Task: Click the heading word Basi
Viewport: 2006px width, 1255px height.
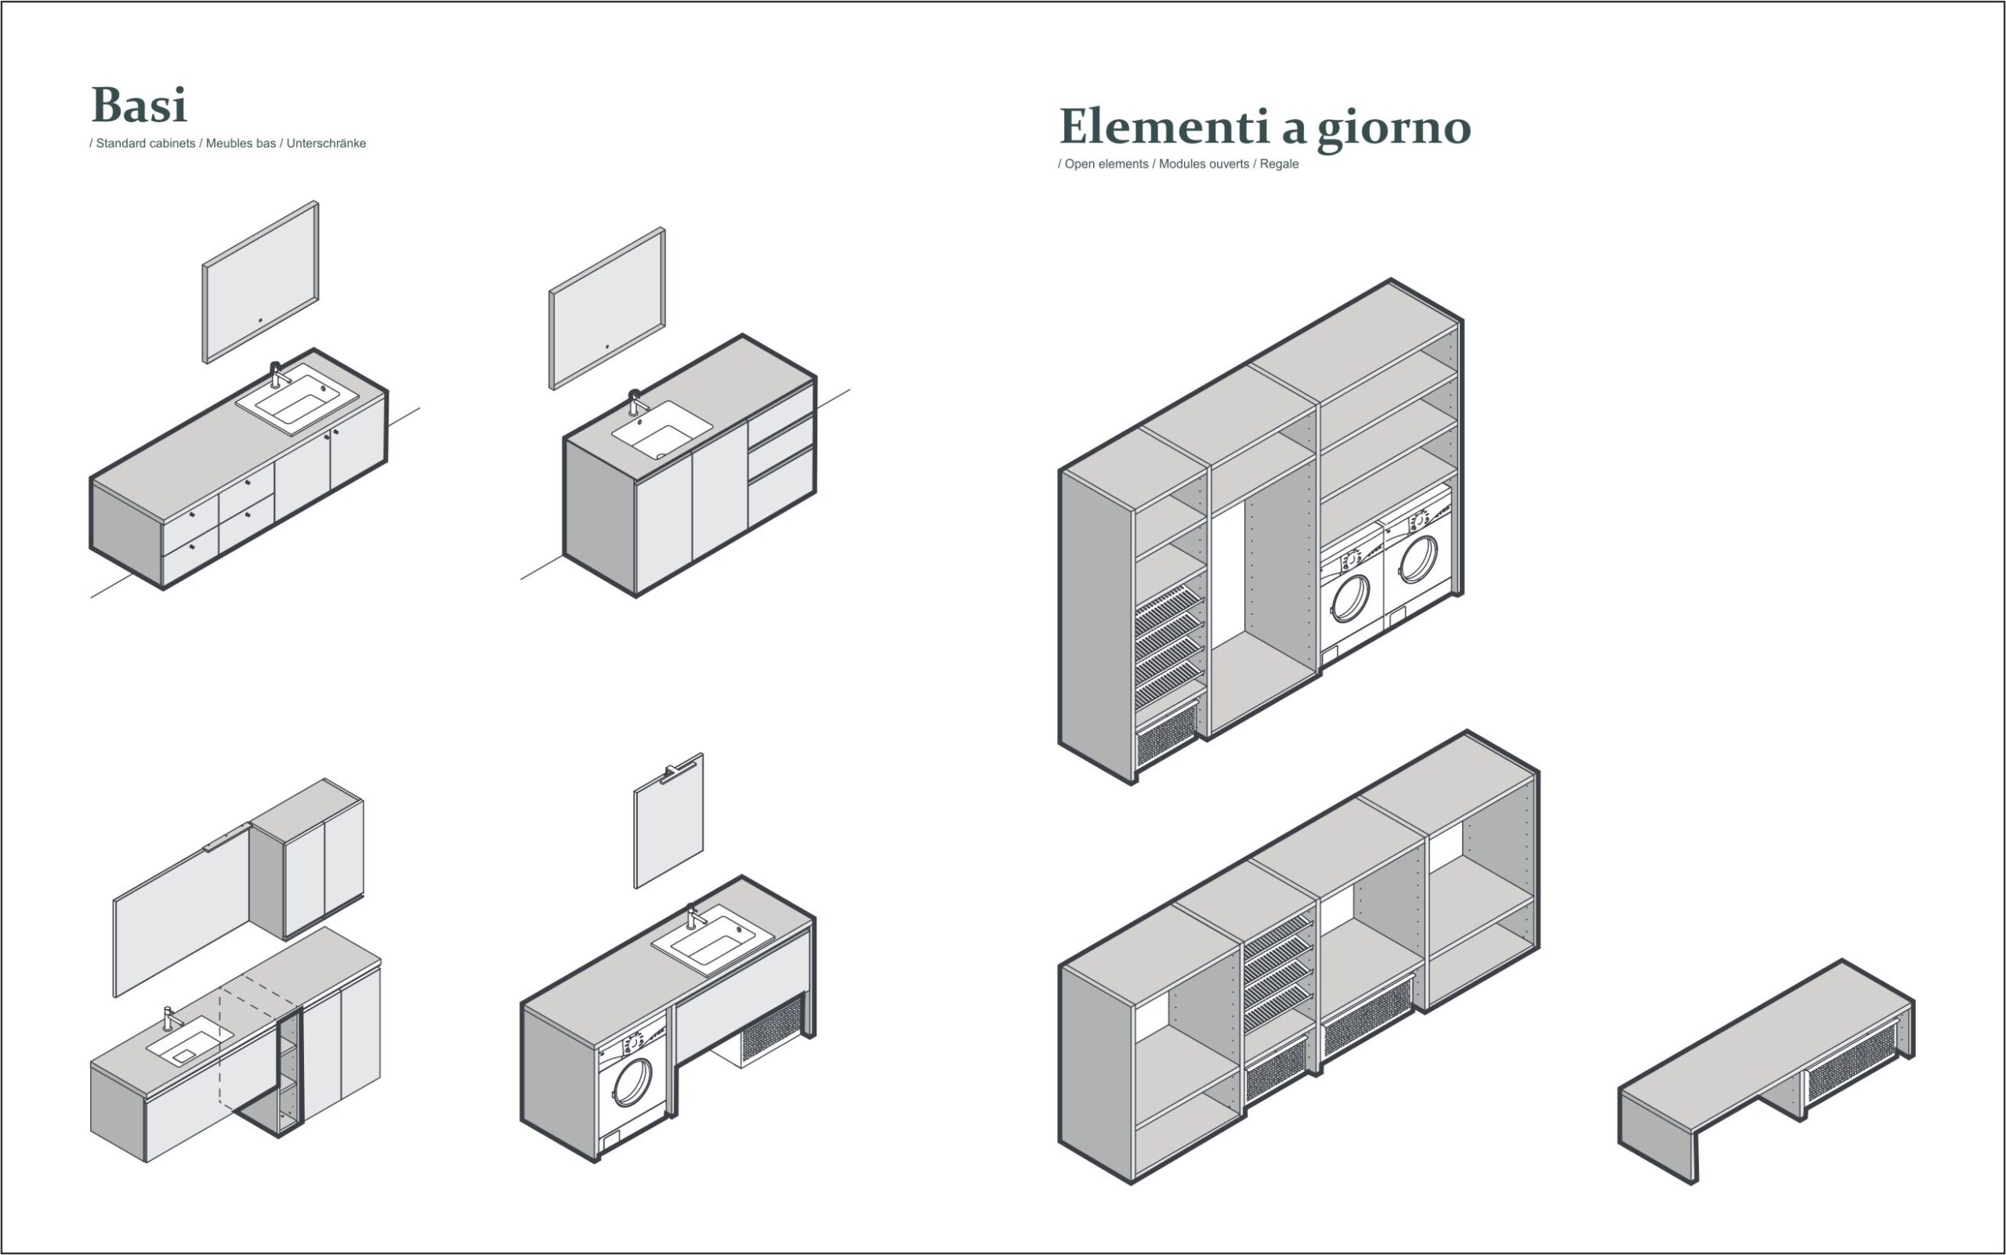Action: coord(139,105)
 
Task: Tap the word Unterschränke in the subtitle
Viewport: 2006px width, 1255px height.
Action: coord(326,143)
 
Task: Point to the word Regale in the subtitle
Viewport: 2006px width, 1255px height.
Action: coord(1279,165)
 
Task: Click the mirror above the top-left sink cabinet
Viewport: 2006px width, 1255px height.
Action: coord(261,282)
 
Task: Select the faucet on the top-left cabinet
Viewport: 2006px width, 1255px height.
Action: coord(277,375)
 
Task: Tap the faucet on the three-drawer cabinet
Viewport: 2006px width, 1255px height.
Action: coord(637,403)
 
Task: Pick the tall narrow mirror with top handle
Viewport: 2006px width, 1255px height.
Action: coord(668,821)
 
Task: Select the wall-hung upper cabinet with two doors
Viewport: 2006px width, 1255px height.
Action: coord(306,859)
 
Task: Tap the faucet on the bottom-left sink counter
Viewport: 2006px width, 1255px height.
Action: coord(169,1018)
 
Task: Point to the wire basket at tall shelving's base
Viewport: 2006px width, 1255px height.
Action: coord(1167,736)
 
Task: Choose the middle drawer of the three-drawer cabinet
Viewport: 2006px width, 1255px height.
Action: coord(780,446)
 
